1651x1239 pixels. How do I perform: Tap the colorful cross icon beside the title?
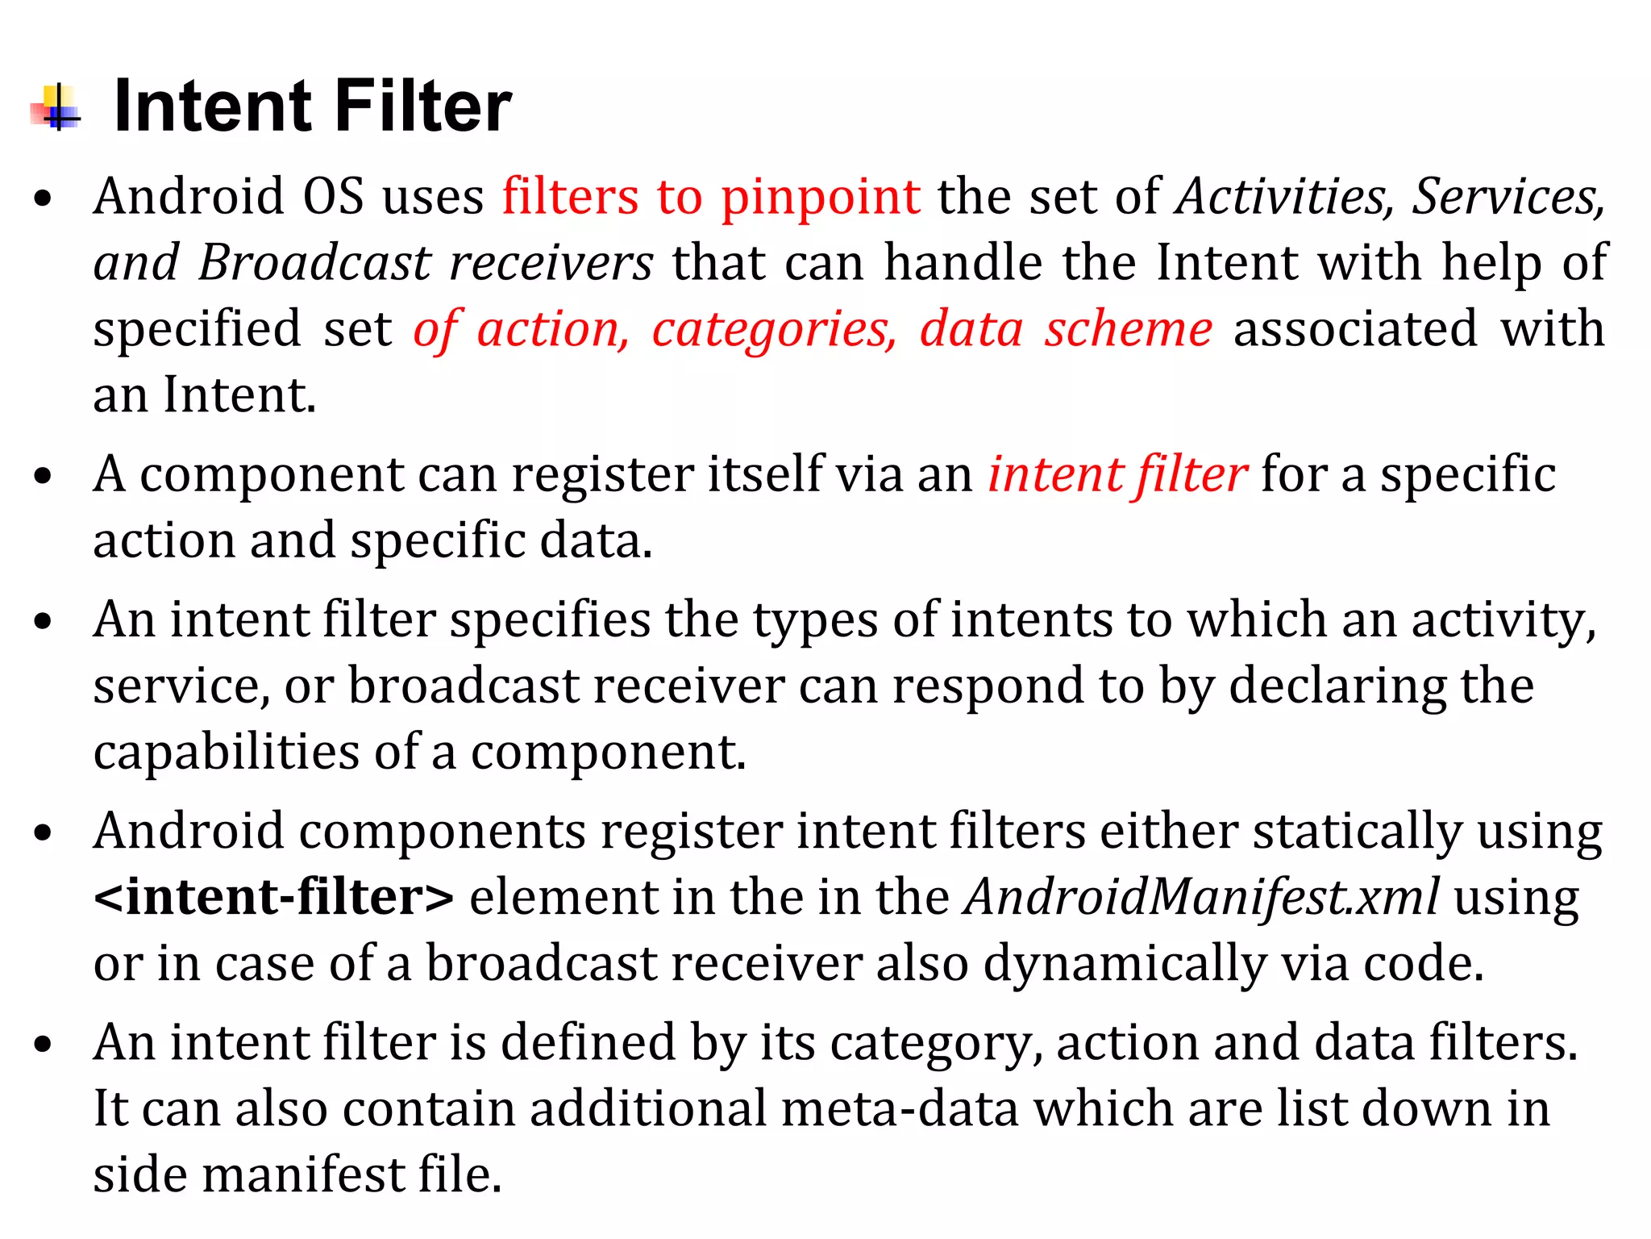pyautogui.click(x=56, y=108)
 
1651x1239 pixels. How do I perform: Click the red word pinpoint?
pyautogui.click(x=820, y=197)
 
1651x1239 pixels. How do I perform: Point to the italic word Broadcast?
pyautogui.click(x=315, y=263)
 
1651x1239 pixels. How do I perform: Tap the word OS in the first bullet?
pyautogui.click(x=334, y=197)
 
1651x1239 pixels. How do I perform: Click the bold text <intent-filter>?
pyautogui.click(x=273, y=897)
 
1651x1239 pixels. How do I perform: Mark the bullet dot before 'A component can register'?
pyautogui.click(x=44, y=476)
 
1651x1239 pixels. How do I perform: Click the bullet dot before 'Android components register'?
pyautogui.click(x=44, y=834)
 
